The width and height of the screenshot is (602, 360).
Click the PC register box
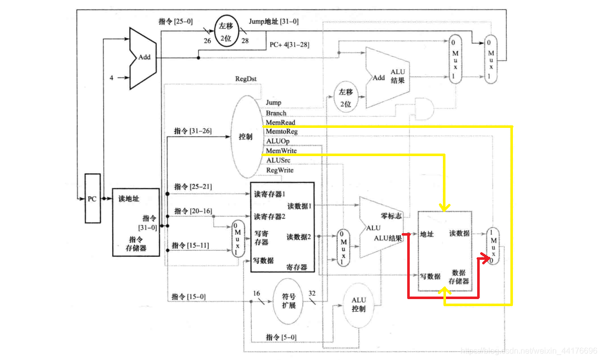pos(92,198)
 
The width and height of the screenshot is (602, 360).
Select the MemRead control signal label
pos(280,122)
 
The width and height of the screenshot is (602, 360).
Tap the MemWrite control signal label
pos(281,151)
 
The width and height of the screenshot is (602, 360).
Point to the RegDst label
pos(246,79)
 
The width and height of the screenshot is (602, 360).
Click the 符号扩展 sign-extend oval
pos(289,301)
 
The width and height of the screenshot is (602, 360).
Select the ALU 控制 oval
pos(358,305)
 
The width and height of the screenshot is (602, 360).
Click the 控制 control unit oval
pos(248,136)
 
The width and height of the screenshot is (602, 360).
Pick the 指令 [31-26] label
pos(192,131)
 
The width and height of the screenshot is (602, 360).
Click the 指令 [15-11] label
pos(190,245)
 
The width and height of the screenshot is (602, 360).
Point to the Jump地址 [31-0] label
pos(273,21)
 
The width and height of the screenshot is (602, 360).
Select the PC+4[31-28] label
pos(289,45)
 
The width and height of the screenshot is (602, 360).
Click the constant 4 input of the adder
pos(111,78)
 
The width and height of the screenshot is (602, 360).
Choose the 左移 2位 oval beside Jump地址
pos(226,31)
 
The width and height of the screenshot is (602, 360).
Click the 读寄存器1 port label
pos(269,194)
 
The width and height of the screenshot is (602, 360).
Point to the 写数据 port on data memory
pos(430,276)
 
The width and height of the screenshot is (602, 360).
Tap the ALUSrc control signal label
pos(278,160)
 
